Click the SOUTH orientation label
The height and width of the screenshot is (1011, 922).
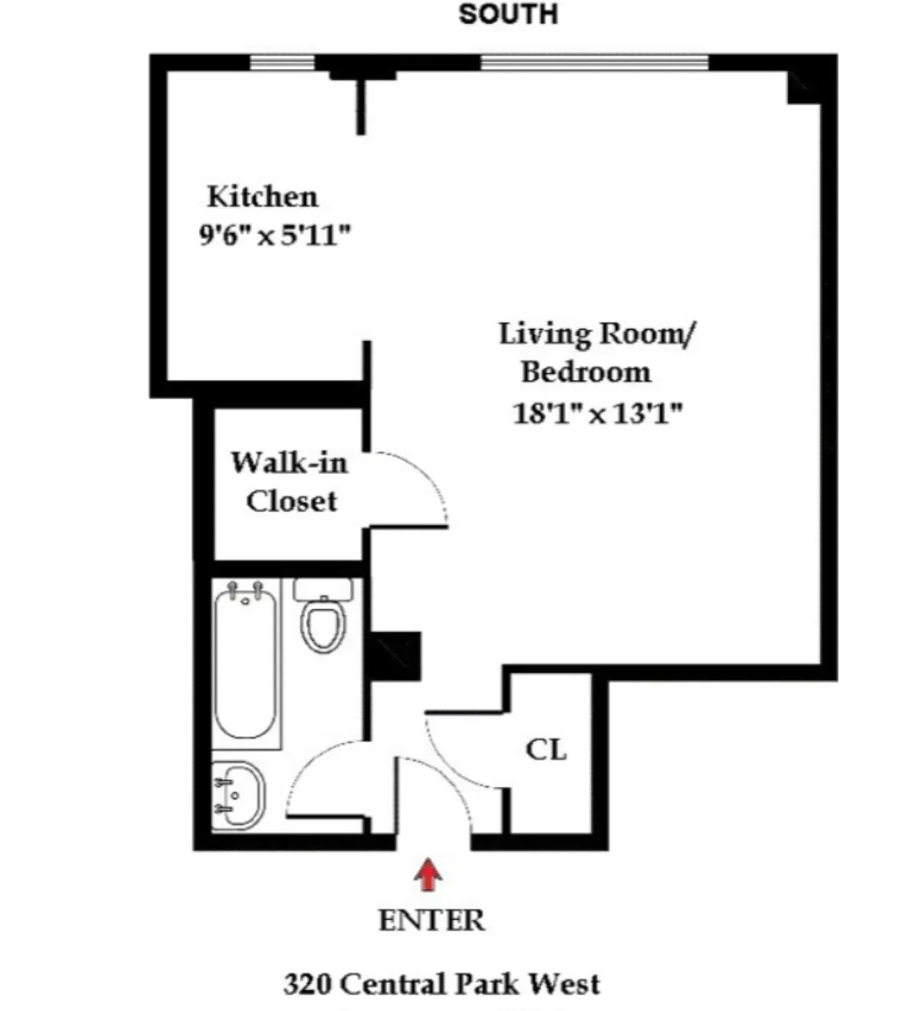point(508,14)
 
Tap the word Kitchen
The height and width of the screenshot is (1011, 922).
point(262,197)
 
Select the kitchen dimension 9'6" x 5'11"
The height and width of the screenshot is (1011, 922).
point(274,235)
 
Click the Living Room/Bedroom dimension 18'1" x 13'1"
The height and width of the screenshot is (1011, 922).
point(597,414)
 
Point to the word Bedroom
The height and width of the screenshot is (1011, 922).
point(585,373)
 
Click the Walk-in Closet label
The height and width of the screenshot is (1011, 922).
point(290,482)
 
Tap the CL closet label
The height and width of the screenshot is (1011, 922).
point(546,749)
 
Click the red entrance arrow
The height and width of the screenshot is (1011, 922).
point(428,876)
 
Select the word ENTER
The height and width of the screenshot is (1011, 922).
point(431,920)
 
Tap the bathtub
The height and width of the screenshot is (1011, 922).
point(245,662)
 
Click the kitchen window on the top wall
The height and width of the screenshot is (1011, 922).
point(283,62)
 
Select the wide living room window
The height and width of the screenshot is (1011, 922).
point(594,62)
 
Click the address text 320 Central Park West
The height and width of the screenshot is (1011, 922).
point(442,984)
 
